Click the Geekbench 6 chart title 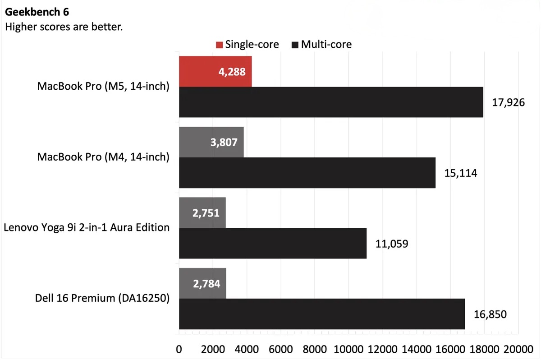[37, 12]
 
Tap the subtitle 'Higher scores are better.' [64, 27]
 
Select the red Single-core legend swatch [219, 45]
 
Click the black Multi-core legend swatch [295, 45]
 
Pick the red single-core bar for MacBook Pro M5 [215, 71]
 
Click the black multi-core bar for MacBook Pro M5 [331, 102]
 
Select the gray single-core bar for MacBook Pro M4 [211, 142]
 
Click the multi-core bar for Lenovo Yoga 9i [272, 244]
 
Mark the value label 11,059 [391, 244]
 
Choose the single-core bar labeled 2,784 [202, 283]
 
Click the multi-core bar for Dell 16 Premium [322, 314]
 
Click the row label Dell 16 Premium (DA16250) [102, 298]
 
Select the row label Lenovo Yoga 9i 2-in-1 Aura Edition [87, 227]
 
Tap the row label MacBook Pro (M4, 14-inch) [103, 157]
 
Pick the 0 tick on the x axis [179, 349]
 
